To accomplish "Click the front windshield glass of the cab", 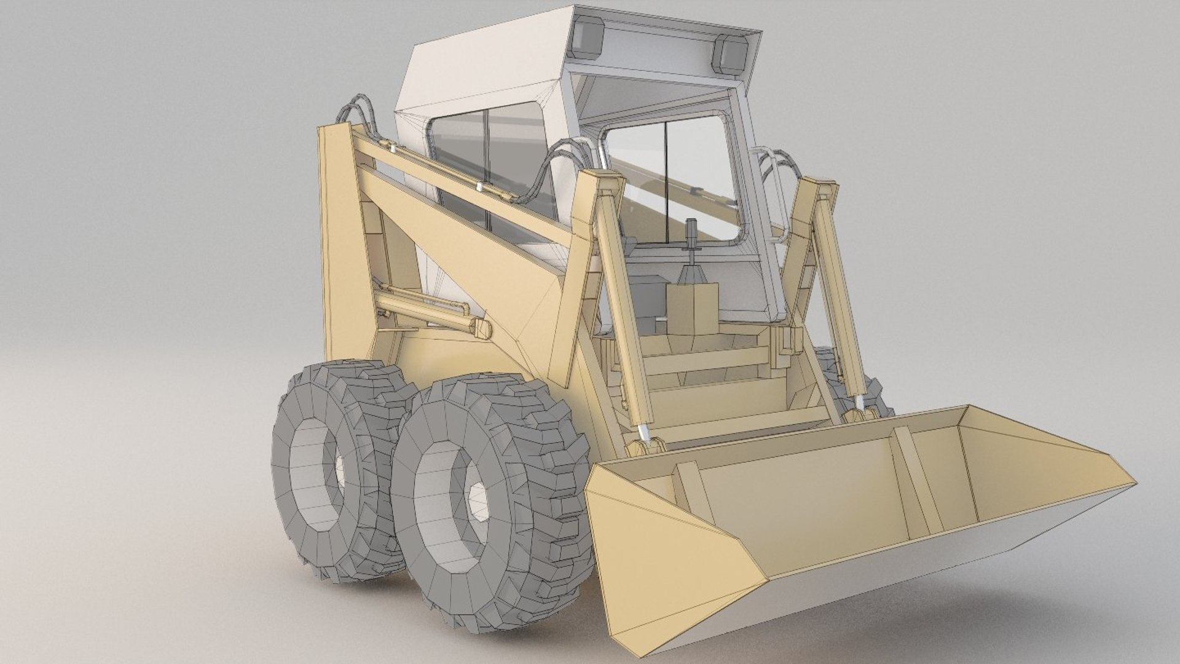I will pyautogui.click(x=670, y=178).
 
